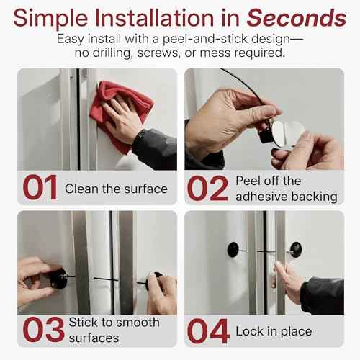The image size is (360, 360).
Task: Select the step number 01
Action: click(40, 188)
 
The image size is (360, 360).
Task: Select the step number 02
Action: click(208, 188)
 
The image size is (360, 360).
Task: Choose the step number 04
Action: click(209, 330)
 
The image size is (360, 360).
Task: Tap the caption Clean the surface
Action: click(116, 189)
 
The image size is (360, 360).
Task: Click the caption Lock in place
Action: click(274, 331)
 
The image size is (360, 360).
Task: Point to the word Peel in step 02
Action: click(248, 180)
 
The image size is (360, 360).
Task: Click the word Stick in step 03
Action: click(84, 322)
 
